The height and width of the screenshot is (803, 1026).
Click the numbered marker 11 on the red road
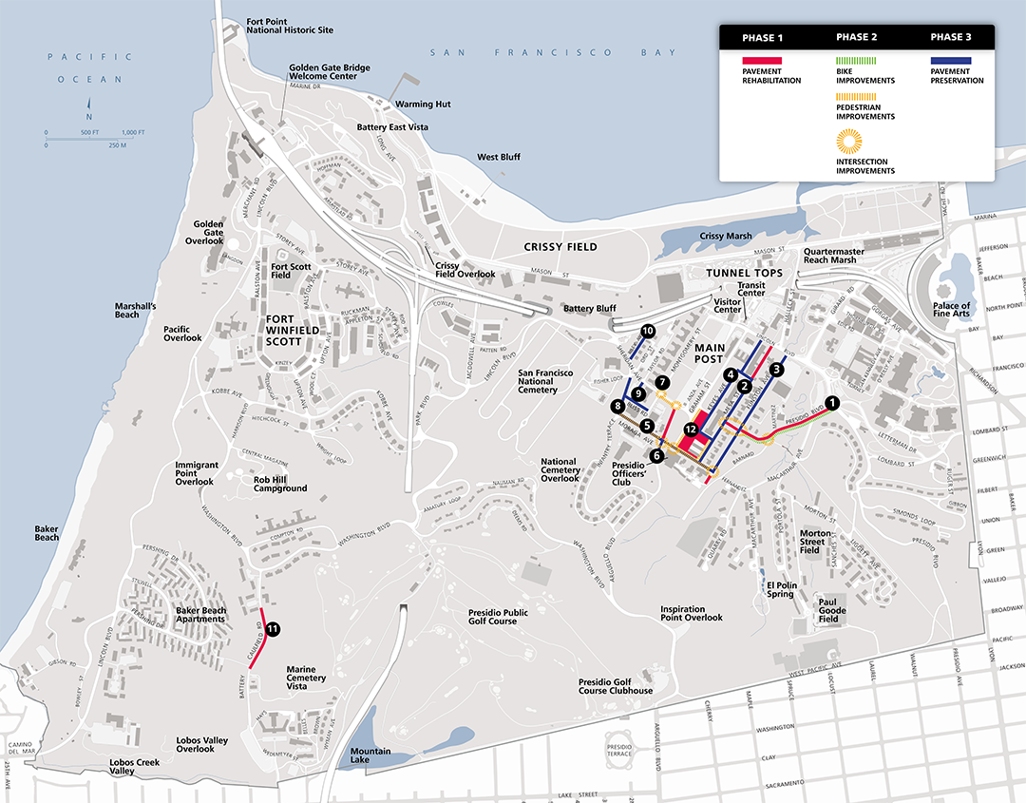pyautogui.click(x=273, y=628)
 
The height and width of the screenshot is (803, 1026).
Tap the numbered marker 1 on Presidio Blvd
pyautogui.click(x=832, y=402)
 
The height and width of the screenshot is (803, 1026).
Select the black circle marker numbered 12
pyautogui.click(x=691, y=430)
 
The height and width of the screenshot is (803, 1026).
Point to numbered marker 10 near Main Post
pyautogui.click(x=648, y=331)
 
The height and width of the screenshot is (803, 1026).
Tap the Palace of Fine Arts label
pyautogui.click(x=952, y=310)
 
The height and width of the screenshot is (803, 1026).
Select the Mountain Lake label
pyautogui.click(x=370, y=756)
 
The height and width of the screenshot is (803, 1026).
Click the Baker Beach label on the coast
pyautogui.click(x=47, y=533)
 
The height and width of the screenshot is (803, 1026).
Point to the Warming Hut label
pyautogui.click(x=423, y=104)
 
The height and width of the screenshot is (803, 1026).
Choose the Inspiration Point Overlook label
pyautogui.click(x=692, y=613)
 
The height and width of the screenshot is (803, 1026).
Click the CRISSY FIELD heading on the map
pyautogui.click(x=560, y=247)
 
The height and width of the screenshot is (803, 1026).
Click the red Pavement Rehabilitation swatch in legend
pyautogui.click(x=761, y=61)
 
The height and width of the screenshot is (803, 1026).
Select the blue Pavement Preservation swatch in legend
pyautogui.click(x=950, y=61)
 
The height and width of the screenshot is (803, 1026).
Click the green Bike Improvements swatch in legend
pyautogui.click(x=856, y=61)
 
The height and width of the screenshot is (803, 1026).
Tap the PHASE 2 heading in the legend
pyautogui.click(x=856, y=37)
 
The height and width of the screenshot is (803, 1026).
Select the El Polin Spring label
pyautogui.click(x=781, y=589)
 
